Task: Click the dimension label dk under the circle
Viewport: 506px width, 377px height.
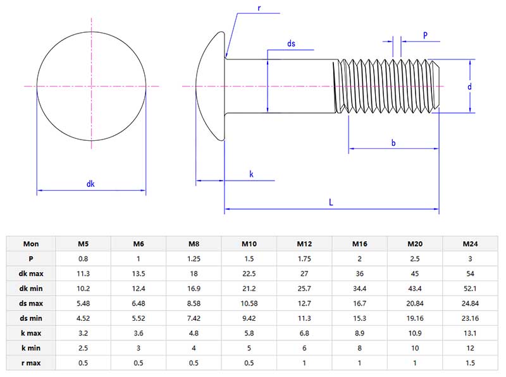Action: [x=90, y=184]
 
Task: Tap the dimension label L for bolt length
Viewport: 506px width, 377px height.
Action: [x=331, y=202]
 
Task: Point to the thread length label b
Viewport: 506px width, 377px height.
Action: [x=393, y=143]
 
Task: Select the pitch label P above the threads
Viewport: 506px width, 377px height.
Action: [x=425, y=35]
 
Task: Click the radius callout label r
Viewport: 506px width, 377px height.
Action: [x=259, y=8]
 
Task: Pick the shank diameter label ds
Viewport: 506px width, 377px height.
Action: [x=291, y=44]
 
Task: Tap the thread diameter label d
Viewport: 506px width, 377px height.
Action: [x=470, y=87]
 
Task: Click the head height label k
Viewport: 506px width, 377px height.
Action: [x=251, y=174]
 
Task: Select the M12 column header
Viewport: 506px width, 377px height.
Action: [x=304, y=244]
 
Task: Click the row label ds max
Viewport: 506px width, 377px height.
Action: [x=31, y=303]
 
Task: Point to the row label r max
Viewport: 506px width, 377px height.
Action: [x=31, y=363]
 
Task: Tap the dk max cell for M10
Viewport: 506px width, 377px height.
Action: [x=249, y=273]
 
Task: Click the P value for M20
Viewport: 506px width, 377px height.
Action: [x=415, y=258]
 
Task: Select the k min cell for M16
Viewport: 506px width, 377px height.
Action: [x=359, y=348]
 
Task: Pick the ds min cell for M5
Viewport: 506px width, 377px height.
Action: [x=83, y=318]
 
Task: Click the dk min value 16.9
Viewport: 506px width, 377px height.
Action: [x=194, y=288]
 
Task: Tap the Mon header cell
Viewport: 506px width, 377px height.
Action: [x=31, y=244]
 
